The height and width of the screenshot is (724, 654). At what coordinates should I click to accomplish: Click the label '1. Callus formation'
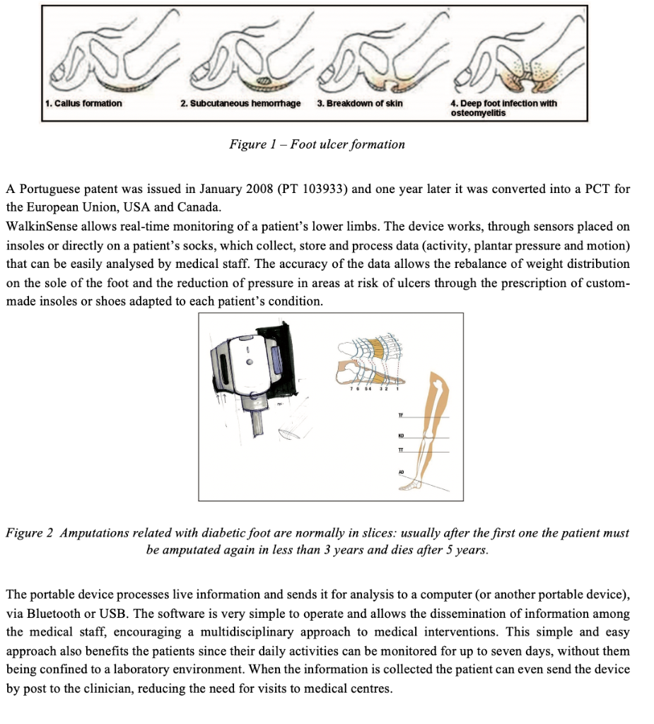click(83, 103)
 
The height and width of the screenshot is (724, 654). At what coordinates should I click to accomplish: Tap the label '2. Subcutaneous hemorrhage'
click(240, 103)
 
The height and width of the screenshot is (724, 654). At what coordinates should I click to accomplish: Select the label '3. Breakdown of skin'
click(360, 103)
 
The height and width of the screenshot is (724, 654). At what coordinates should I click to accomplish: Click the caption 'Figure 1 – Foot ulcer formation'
click(317, 144)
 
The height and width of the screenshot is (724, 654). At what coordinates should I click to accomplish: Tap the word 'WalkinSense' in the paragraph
click(39, 226)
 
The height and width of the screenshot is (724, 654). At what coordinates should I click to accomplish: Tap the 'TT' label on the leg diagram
click(399, 450)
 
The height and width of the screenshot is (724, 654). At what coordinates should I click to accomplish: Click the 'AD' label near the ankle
click(400, 472)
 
